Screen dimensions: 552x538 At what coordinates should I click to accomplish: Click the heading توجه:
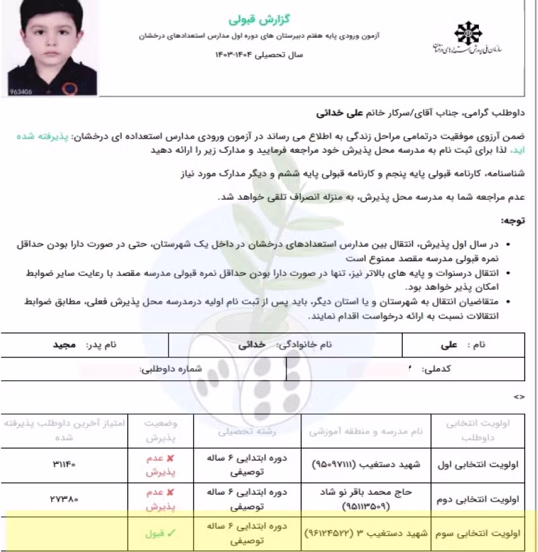click(x=512, y=220)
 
